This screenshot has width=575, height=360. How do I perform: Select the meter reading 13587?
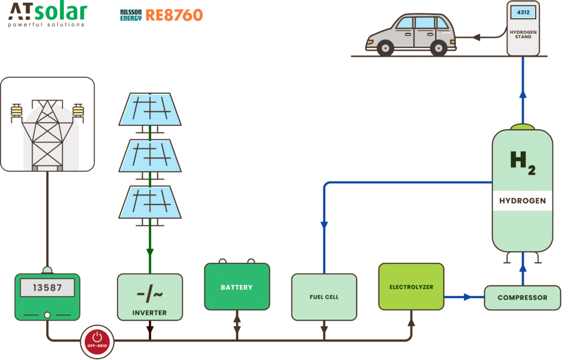(x=47, y=288)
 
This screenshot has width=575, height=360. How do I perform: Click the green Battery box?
(x=237, y=287)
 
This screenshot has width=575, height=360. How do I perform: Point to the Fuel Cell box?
(x=324, y=297)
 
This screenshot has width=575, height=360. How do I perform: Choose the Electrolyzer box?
(x=411, y=287)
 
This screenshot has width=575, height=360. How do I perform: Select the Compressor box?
(x=522, y=298)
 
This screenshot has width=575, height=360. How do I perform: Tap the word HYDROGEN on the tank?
(x=522, y=200)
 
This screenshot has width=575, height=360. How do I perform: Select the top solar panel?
(x=150, y=109)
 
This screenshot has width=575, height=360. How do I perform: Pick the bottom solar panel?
(x=150, y=202)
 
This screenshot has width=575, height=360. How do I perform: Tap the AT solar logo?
(x=48, y=14)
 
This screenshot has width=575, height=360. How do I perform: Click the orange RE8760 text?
(x=174, y=15)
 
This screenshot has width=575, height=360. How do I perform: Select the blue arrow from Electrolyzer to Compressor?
(x=465, y=297)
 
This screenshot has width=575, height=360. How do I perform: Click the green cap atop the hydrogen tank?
(x=523, y=127)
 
